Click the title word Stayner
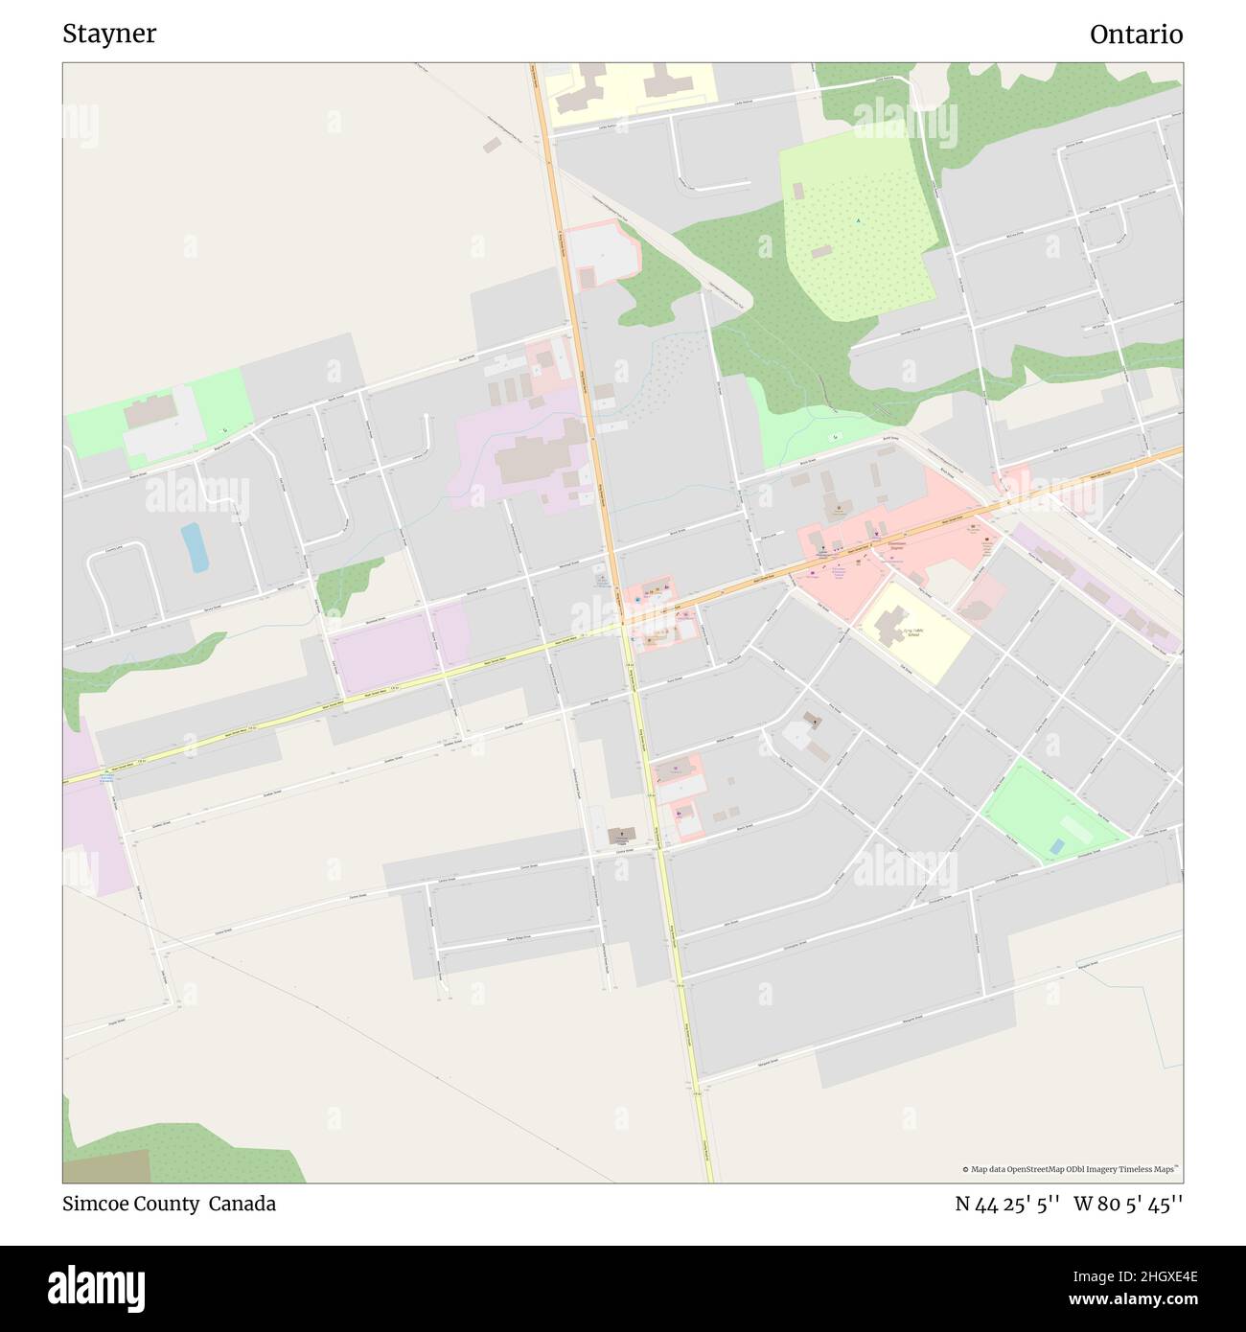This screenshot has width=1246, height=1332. pos(109,34)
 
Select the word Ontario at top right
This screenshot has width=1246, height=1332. pos(1136,34)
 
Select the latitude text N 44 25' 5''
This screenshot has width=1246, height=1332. pos(1006,1204)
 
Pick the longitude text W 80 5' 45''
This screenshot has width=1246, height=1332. pos(1128,1204)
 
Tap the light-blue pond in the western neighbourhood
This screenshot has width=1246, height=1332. pos(195,547)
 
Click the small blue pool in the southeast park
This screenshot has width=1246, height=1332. pos(1056,847)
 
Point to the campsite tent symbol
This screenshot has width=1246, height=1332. pos(858,221)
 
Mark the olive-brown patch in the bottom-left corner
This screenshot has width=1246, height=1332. pos(105,1166)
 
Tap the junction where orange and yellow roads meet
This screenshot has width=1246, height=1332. pos(624,624)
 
